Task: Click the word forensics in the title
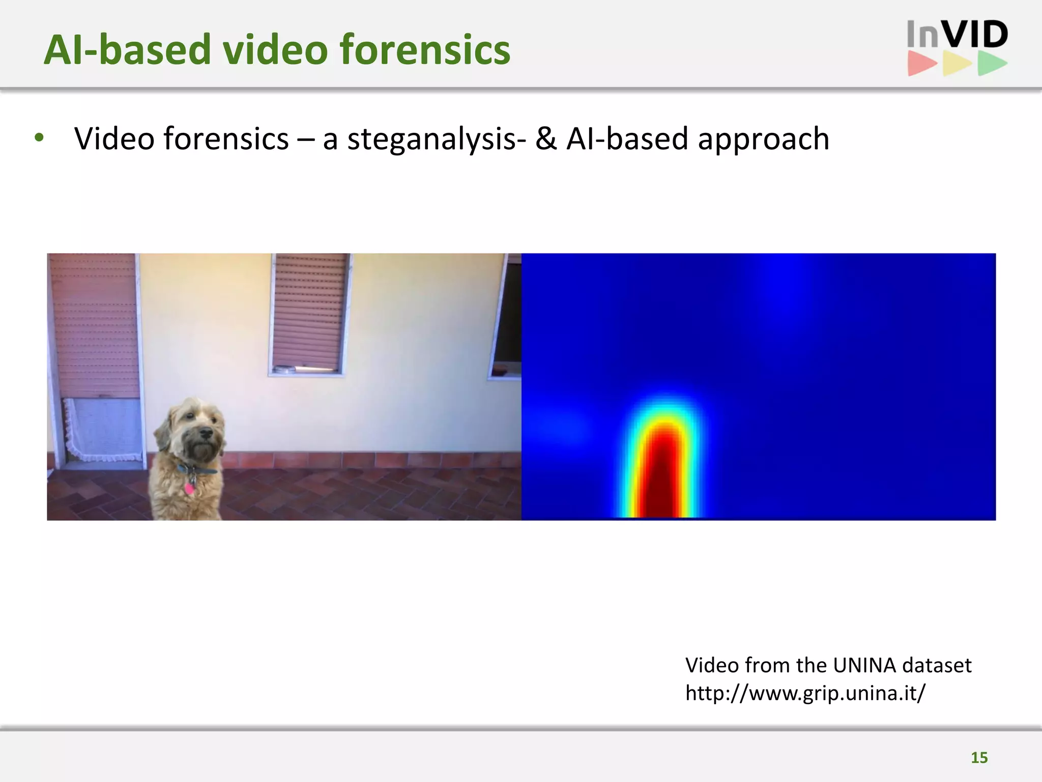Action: point(424,50)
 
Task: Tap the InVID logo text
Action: point(957,35)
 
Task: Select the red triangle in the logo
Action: point(921,64)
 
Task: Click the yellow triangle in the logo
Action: point(956,64)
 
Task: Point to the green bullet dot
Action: point(39,138)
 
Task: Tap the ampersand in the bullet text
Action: point(546,139)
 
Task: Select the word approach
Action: point(763,139)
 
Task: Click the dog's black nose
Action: point(206,434)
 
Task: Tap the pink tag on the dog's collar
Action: point(189,488)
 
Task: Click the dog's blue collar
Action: point(196,470)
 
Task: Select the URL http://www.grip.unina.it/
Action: point(805,693)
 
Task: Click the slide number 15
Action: point(979,758)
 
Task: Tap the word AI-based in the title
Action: point(127,50)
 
